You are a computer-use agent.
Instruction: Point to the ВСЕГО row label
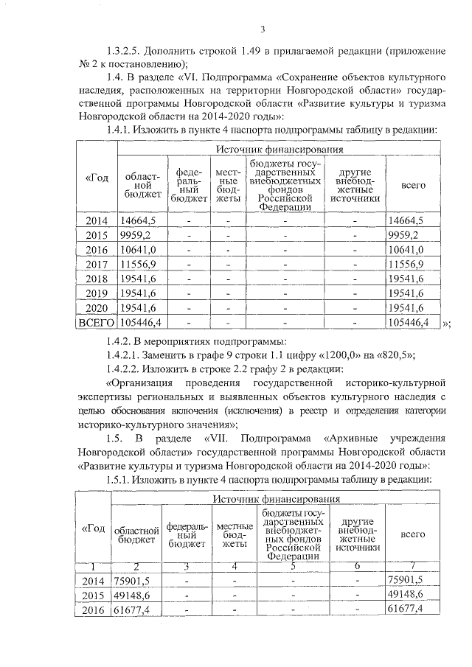point(96,322)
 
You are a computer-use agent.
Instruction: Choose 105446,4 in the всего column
point(410,322)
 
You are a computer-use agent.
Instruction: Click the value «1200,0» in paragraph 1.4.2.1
point(318,355)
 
